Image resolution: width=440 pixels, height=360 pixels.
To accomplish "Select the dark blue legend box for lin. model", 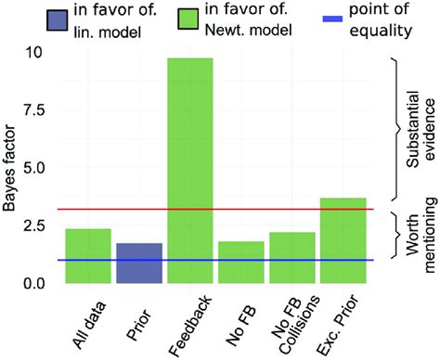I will [x=42, y=19].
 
